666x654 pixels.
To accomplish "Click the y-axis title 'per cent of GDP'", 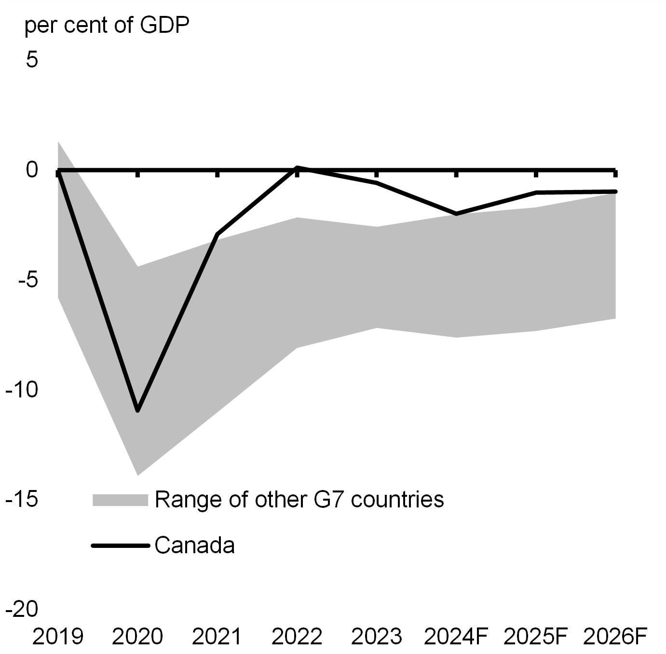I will pyautogui.click(x=107, y=25).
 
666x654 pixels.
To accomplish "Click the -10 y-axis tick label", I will pyautogui.click(x=22, y=389).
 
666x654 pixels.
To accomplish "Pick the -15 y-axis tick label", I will pyautogui.click(x=22, y=499).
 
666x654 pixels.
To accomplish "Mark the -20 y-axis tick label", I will pyautogui.click(x=22, y=609).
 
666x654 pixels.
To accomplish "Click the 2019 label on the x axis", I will pyautogui.click(x=58, y=637).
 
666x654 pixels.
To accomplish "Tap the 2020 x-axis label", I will pyautogui.click(x=137, y=637).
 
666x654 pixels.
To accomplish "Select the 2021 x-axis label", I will pyautogui.click(x=217, y=637).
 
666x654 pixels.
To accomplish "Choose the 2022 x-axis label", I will pyautogui.click(x=297, y=637).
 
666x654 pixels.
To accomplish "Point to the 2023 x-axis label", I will pyautogui.click(x=376, y=637).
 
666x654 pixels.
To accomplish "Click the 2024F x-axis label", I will pyautogui.click(x=456, y=637).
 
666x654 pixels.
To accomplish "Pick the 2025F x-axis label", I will pyautogui.click(x=535, y=637).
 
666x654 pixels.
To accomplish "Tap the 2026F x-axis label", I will pyautogui.click(x=615, y=637).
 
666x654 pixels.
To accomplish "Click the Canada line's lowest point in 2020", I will pyautogui.click(x=137, y=410).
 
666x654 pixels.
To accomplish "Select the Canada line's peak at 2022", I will pyautogui.click(x=297, y=167).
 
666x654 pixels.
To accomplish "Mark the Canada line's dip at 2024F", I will pyautogui.click(x=456, y=214).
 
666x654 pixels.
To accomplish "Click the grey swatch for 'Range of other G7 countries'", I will pyautogui.click(x=120, y=500).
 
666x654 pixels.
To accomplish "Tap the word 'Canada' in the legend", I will pyautogui.click(x=195, y=545).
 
